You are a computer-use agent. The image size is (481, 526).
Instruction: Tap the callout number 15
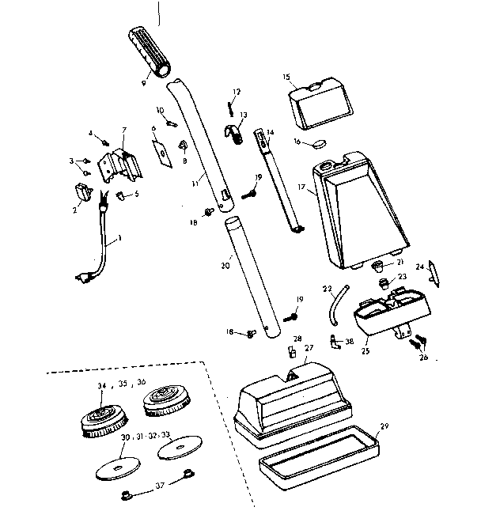[287, 77]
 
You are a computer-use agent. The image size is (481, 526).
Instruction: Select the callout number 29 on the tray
[384, 426]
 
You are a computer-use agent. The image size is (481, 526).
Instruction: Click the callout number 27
[309, 347]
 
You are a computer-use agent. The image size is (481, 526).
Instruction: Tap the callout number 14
[270, 132]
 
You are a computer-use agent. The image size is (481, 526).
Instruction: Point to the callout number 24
[420, 267]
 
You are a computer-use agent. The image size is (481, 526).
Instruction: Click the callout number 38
[350, 343]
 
